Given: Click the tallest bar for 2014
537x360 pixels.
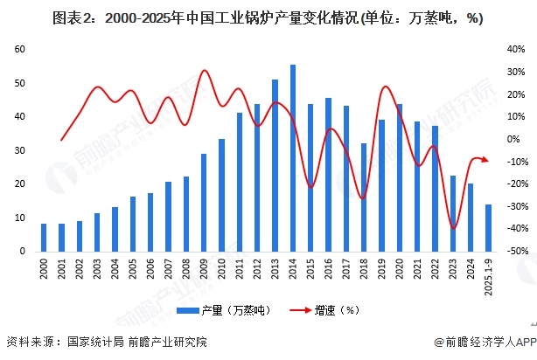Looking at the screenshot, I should coord(293,158).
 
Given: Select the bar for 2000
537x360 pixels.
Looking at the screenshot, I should coord(44,237).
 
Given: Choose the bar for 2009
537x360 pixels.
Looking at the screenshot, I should coord(204,202).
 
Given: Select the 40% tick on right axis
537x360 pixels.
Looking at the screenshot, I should coord(516,50).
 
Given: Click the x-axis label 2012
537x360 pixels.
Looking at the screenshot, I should coord(257,267).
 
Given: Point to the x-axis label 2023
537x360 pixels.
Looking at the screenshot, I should coord(453,267).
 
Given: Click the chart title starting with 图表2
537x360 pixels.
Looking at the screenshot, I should coord(268,17).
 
